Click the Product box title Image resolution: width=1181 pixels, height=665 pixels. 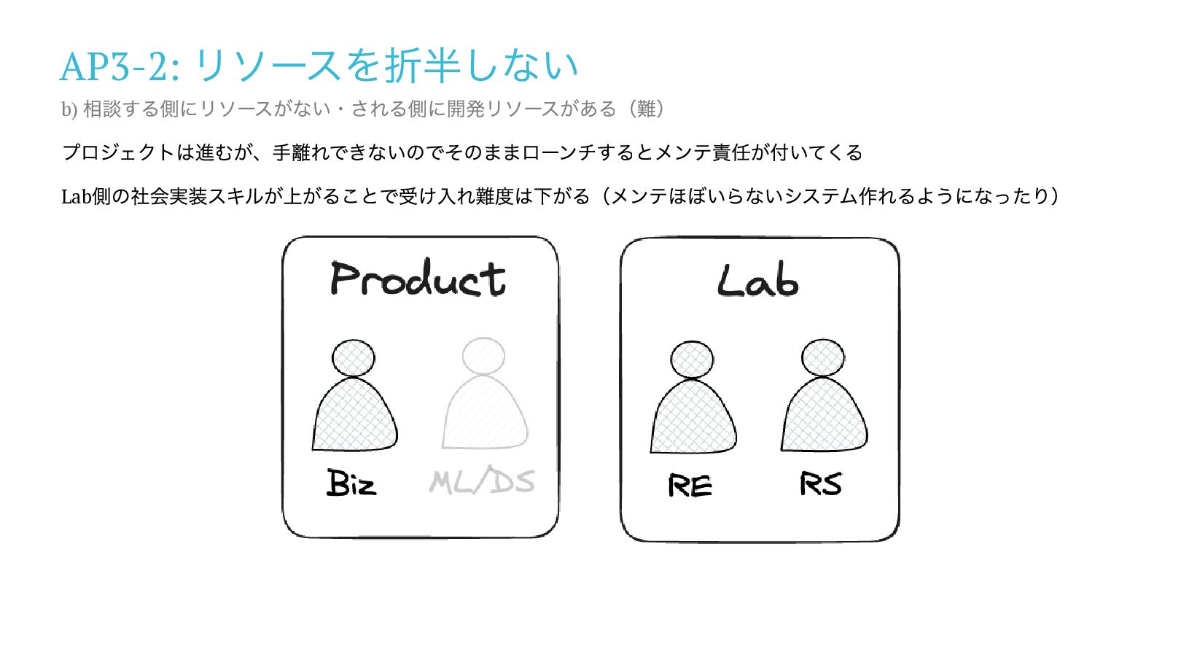point(418,279)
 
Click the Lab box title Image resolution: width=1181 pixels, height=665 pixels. point(757,281)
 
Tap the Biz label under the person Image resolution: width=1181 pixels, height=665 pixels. point(351,483)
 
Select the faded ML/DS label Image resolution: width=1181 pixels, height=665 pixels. point(482,481)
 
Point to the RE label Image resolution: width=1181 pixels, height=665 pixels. point(690,486)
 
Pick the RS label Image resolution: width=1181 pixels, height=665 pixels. point(820,484)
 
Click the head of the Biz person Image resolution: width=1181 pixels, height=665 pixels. point(354,358)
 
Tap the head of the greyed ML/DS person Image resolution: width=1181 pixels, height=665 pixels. point(483,357)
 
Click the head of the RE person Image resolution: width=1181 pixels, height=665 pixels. point(692,359)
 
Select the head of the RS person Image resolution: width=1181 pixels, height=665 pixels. point(823,358)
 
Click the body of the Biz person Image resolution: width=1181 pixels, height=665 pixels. point(354,417)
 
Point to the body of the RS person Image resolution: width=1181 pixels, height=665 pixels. point(824,418)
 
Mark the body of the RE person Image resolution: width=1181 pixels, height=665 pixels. point(693,419)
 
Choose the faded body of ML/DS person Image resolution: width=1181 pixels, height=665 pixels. point(484,416)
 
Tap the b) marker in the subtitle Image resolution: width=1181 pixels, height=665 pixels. point(69,109)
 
